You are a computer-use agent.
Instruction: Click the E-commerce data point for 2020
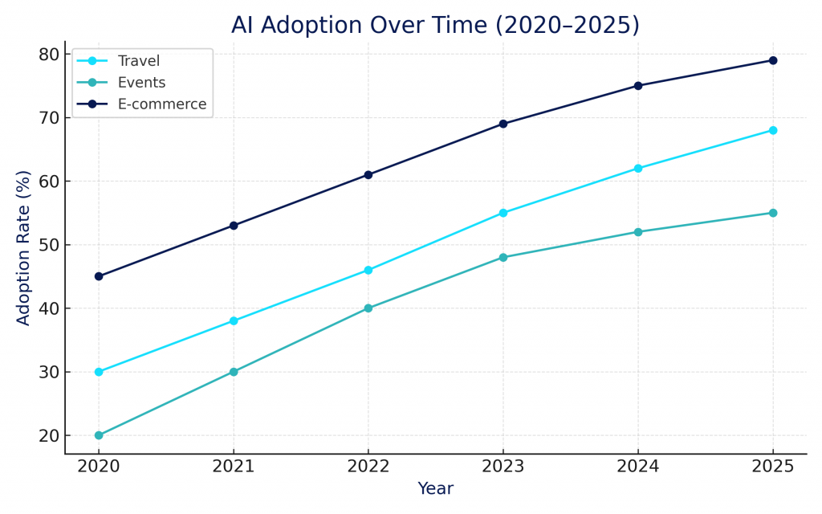[x=99, y=276]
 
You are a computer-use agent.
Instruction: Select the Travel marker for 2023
[x=503, y=213]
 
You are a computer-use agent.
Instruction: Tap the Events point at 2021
[x=234, y=372]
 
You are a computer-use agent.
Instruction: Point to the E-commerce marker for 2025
[x=773, y=60]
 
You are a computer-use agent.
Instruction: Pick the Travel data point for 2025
[x=773, y=130]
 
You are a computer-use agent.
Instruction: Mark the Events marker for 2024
[x=638, y=232]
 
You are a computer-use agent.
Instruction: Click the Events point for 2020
[x=99, y=435]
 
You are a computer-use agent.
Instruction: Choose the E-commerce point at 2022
[x=368, y=174]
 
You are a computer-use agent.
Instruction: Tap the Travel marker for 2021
[x=234, y=320]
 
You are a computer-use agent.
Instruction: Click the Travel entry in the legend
[x=138, y=61]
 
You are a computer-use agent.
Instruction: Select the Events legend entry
[x=141, y=83]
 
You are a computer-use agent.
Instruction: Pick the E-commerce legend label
[x=161, y=104]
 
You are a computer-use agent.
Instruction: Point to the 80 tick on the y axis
[x=48, y=55]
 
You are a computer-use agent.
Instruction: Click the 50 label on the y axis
[x=48, y=245]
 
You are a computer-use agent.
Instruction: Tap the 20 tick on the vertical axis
[x=48, y=435]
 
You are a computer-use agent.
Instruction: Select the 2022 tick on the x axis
[x=368, y=467]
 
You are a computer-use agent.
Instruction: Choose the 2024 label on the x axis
[x=638, y=467]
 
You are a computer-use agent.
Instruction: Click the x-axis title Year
[x=435, y=488]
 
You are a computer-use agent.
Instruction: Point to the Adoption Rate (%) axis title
[x=24, y=247]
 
